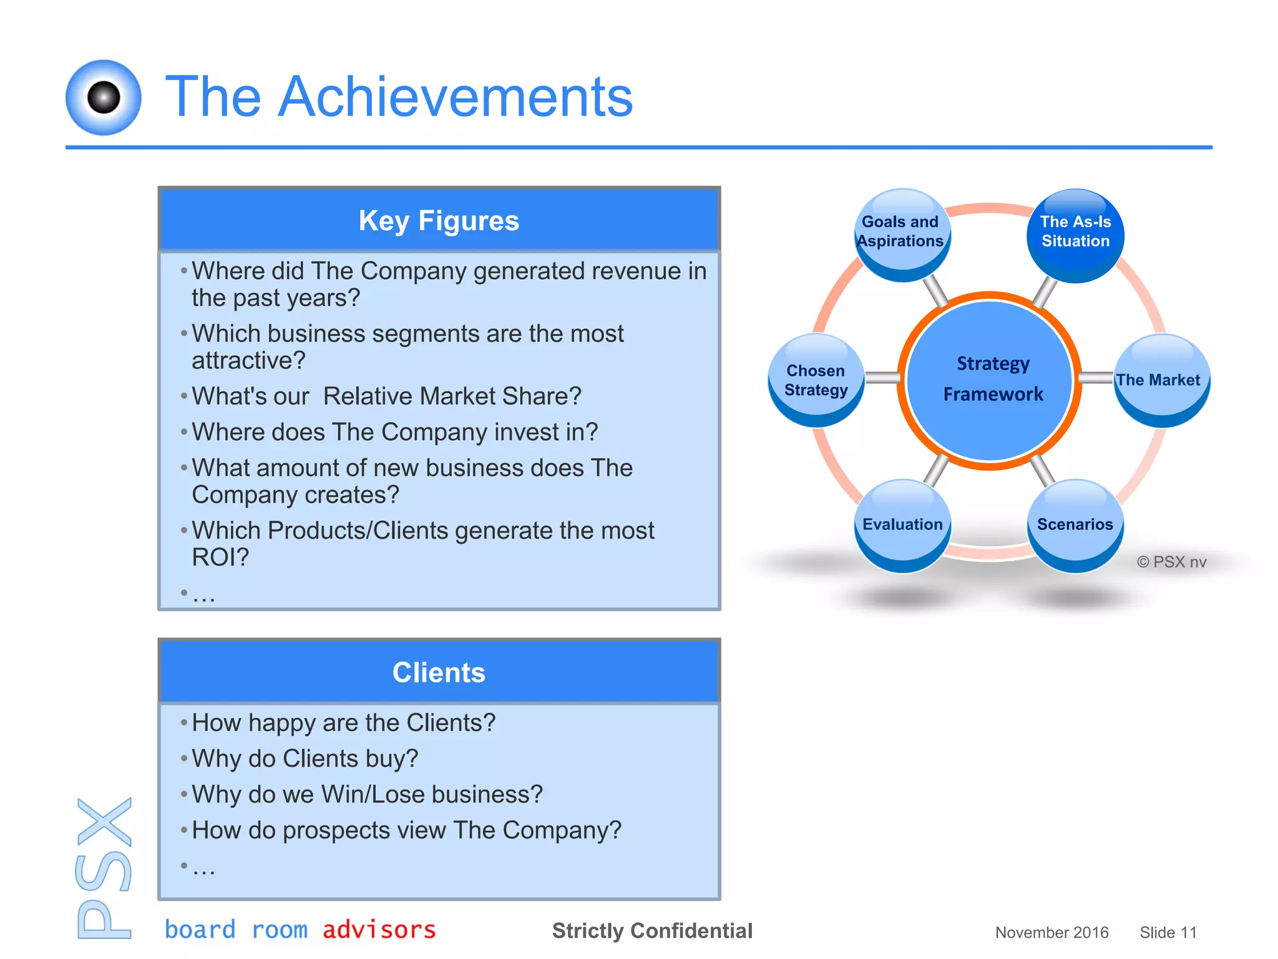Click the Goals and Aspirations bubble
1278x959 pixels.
[902, 234]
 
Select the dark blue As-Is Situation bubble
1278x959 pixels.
[1075, 234]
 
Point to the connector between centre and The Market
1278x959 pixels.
[1096, 378]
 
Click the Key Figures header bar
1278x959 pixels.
[439, 220]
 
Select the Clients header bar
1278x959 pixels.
[439, 672]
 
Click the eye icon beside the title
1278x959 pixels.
[104, 97]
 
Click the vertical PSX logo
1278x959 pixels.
[104, 868]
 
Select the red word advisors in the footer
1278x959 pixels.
[379, 930]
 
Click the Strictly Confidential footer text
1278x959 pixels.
[652, 930]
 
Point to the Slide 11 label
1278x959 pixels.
[1168, 932]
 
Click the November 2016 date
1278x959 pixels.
[1051, 932]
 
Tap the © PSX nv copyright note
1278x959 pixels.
[1171, 562]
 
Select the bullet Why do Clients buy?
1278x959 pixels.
[305, 759]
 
